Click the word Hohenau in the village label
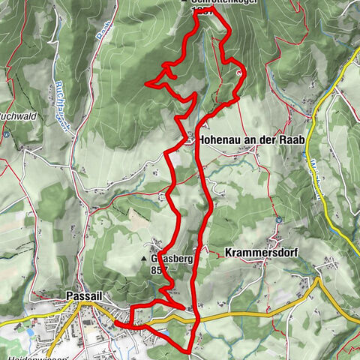(x=222, y=139)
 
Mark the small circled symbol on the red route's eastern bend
(x=239, y=73)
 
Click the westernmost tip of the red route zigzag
(x=148, y=83)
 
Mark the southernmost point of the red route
(x=187, y=350)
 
